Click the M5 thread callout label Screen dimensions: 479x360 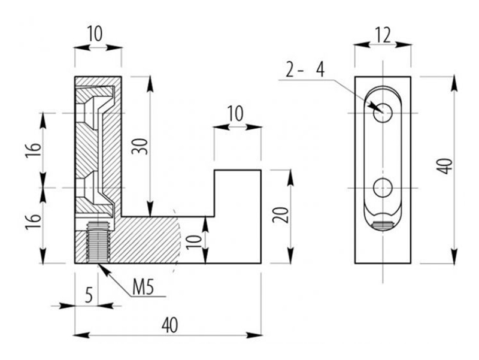coord(143,288)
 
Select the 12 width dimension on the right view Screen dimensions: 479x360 coord(383,35)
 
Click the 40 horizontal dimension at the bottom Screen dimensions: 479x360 coord(170,325)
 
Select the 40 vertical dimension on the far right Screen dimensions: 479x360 coord(446,166)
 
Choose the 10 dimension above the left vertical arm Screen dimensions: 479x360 coord(95,34)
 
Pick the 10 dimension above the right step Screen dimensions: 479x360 coord(235,114)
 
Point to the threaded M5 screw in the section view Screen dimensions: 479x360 coord(98,241)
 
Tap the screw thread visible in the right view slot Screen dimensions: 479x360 coord(383,226)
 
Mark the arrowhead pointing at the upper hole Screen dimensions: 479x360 coord(374,106)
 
